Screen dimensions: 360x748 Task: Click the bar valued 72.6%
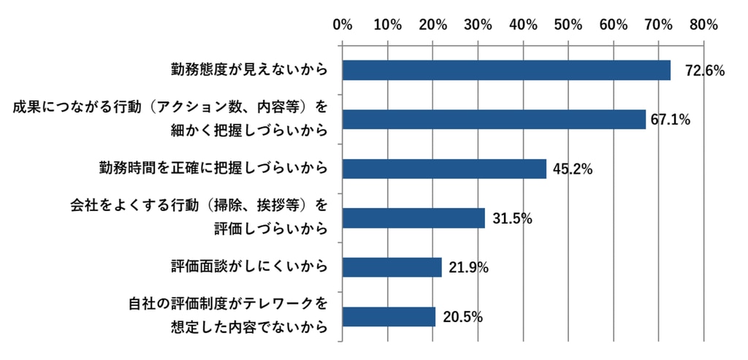pos(506,70)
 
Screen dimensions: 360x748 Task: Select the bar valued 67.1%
pos(494,119)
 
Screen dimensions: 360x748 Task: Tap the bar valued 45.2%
pos(444,169)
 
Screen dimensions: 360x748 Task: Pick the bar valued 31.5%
pos(413,218)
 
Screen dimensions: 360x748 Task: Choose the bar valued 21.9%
pos(392,267)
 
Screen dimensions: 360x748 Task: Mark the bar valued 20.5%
pos(389,317)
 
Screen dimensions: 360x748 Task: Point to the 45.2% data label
pos(572,169)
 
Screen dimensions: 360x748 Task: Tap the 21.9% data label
pos(468,268)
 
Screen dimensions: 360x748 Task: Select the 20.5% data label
pos(462,318)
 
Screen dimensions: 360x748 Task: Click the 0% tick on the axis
pos(343,25)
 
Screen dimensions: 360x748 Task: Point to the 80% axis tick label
pos(703,25)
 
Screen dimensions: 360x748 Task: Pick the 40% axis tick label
pos(523,25)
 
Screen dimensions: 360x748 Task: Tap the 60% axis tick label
pos(614,25)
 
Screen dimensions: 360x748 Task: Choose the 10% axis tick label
pos(387,25)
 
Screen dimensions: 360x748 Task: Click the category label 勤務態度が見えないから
pos(248,70)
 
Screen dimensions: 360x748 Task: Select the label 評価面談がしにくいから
pos(248,267)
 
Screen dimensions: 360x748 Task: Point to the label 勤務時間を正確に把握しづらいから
pos(213,169)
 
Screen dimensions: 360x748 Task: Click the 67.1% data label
pos(671,120)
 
